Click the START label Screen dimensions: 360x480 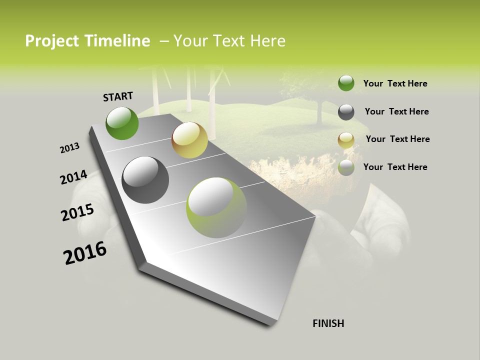pyautogui.click(x=118, y=96)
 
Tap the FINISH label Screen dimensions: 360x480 pyautogui.click(x=328, y=323)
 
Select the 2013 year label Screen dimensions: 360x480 pyautogui.click(x=69, y=148)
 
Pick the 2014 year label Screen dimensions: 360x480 pyautogui.click(x=73, y=177)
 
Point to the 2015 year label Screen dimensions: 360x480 pyautogui.click(x=77, y=212)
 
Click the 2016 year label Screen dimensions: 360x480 pyautogui.click(x=85, y=253)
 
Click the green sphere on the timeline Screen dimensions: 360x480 pyautogui.click(x=122, y=123)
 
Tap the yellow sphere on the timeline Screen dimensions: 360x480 pyautogui.click(x=189, y=140)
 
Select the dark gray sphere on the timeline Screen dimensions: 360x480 pyautogui.click(x=145, y=180)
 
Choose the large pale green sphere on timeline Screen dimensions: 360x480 pyautogui.click(x=216, y=207)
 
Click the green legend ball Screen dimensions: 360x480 pyautogui.click(x=346, y=83)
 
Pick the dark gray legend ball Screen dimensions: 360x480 pyautogui.click(x=346, y=111)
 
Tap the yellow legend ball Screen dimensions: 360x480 pyautogui.click(x=346, y=139)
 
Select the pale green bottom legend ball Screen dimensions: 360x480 pyautogui.click(x=346, y=167)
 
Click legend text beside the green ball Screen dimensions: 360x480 pyautogui.click(x=395, y=83)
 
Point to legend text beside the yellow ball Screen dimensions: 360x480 pyautogui.click(x=397, y=139)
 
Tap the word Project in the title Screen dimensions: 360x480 pyautogui.click(x=52, y=41)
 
